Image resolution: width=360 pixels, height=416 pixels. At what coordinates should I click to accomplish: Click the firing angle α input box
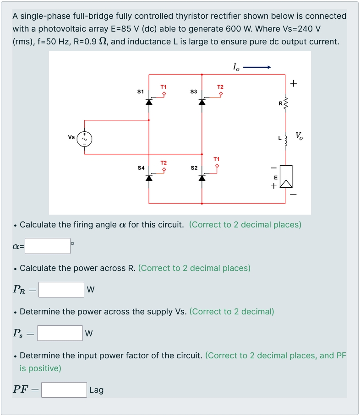(48, 246)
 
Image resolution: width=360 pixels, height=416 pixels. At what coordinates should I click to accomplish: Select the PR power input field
(61, 290)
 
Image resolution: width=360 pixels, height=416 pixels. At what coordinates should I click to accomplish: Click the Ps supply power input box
(60, 333)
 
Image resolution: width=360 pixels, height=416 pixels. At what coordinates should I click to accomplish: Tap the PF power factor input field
(64, 390)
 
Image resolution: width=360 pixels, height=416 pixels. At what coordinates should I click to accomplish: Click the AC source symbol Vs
(84, 138)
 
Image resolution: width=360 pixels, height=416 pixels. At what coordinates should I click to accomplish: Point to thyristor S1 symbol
(149, 101)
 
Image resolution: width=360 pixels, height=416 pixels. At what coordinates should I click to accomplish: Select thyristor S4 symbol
(149, 177)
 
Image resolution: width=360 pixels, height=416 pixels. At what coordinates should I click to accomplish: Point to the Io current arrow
(257, 68)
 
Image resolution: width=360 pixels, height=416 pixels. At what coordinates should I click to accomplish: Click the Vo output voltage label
(299, 135)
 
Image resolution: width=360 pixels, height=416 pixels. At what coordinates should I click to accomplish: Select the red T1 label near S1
(164, 86)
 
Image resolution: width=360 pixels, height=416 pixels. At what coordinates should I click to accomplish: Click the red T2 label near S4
(164, 163)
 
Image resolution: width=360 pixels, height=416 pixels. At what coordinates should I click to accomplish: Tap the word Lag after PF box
(96, 390)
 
